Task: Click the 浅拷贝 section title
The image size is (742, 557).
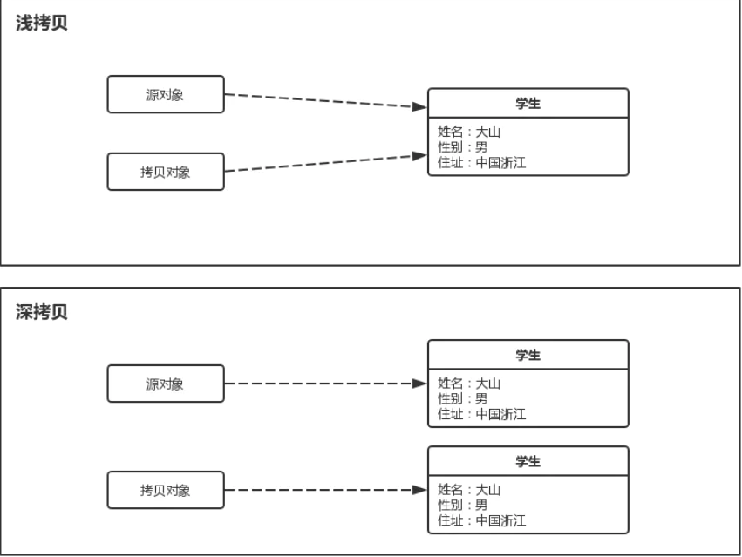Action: click(42, 24)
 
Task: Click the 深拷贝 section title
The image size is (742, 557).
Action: click(42, 313)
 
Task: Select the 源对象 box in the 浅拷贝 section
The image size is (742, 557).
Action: click(166, 94)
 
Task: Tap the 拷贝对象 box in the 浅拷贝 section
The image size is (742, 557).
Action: click(166, 172)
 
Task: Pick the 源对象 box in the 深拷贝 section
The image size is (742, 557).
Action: click(166, 384)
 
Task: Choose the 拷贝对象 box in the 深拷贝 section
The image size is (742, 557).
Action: click(166, 491)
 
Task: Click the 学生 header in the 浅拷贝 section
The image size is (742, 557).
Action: click(528, 103)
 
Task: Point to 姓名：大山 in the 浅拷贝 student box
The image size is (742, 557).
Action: click(469, 132)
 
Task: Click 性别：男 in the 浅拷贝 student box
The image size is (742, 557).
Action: click(462, 146)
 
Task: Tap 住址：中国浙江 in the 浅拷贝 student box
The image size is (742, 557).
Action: click(481, 161)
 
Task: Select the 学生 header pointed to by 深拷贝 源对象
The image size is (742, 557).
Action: click(528, 355)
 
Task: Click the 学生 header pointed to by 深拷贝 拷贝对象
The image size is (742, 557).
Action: click(528, 461)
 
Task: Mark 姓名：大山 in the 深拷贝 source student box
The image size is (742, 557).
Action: click(469, 384)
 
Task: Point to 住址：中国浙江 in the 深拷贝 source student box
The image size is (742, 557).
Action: click(481, 414)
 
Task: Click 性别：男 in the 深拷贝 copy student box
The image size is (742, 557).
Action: click(462, 505)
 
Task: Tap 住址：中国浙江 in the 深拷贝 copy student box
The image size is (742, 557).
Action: click(481, 520)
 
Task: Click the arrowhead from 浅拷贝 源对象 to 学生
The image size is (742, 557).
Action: click(419, 107)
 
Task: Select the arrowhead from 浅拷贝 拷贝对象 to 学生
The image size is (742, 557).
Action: click(419, 157)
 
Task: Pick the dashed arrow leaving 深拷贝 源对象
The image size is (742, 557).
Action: click(323, 384)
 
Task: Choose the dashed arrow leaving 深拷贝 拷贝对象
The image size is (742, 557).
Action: click(323, 491)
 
